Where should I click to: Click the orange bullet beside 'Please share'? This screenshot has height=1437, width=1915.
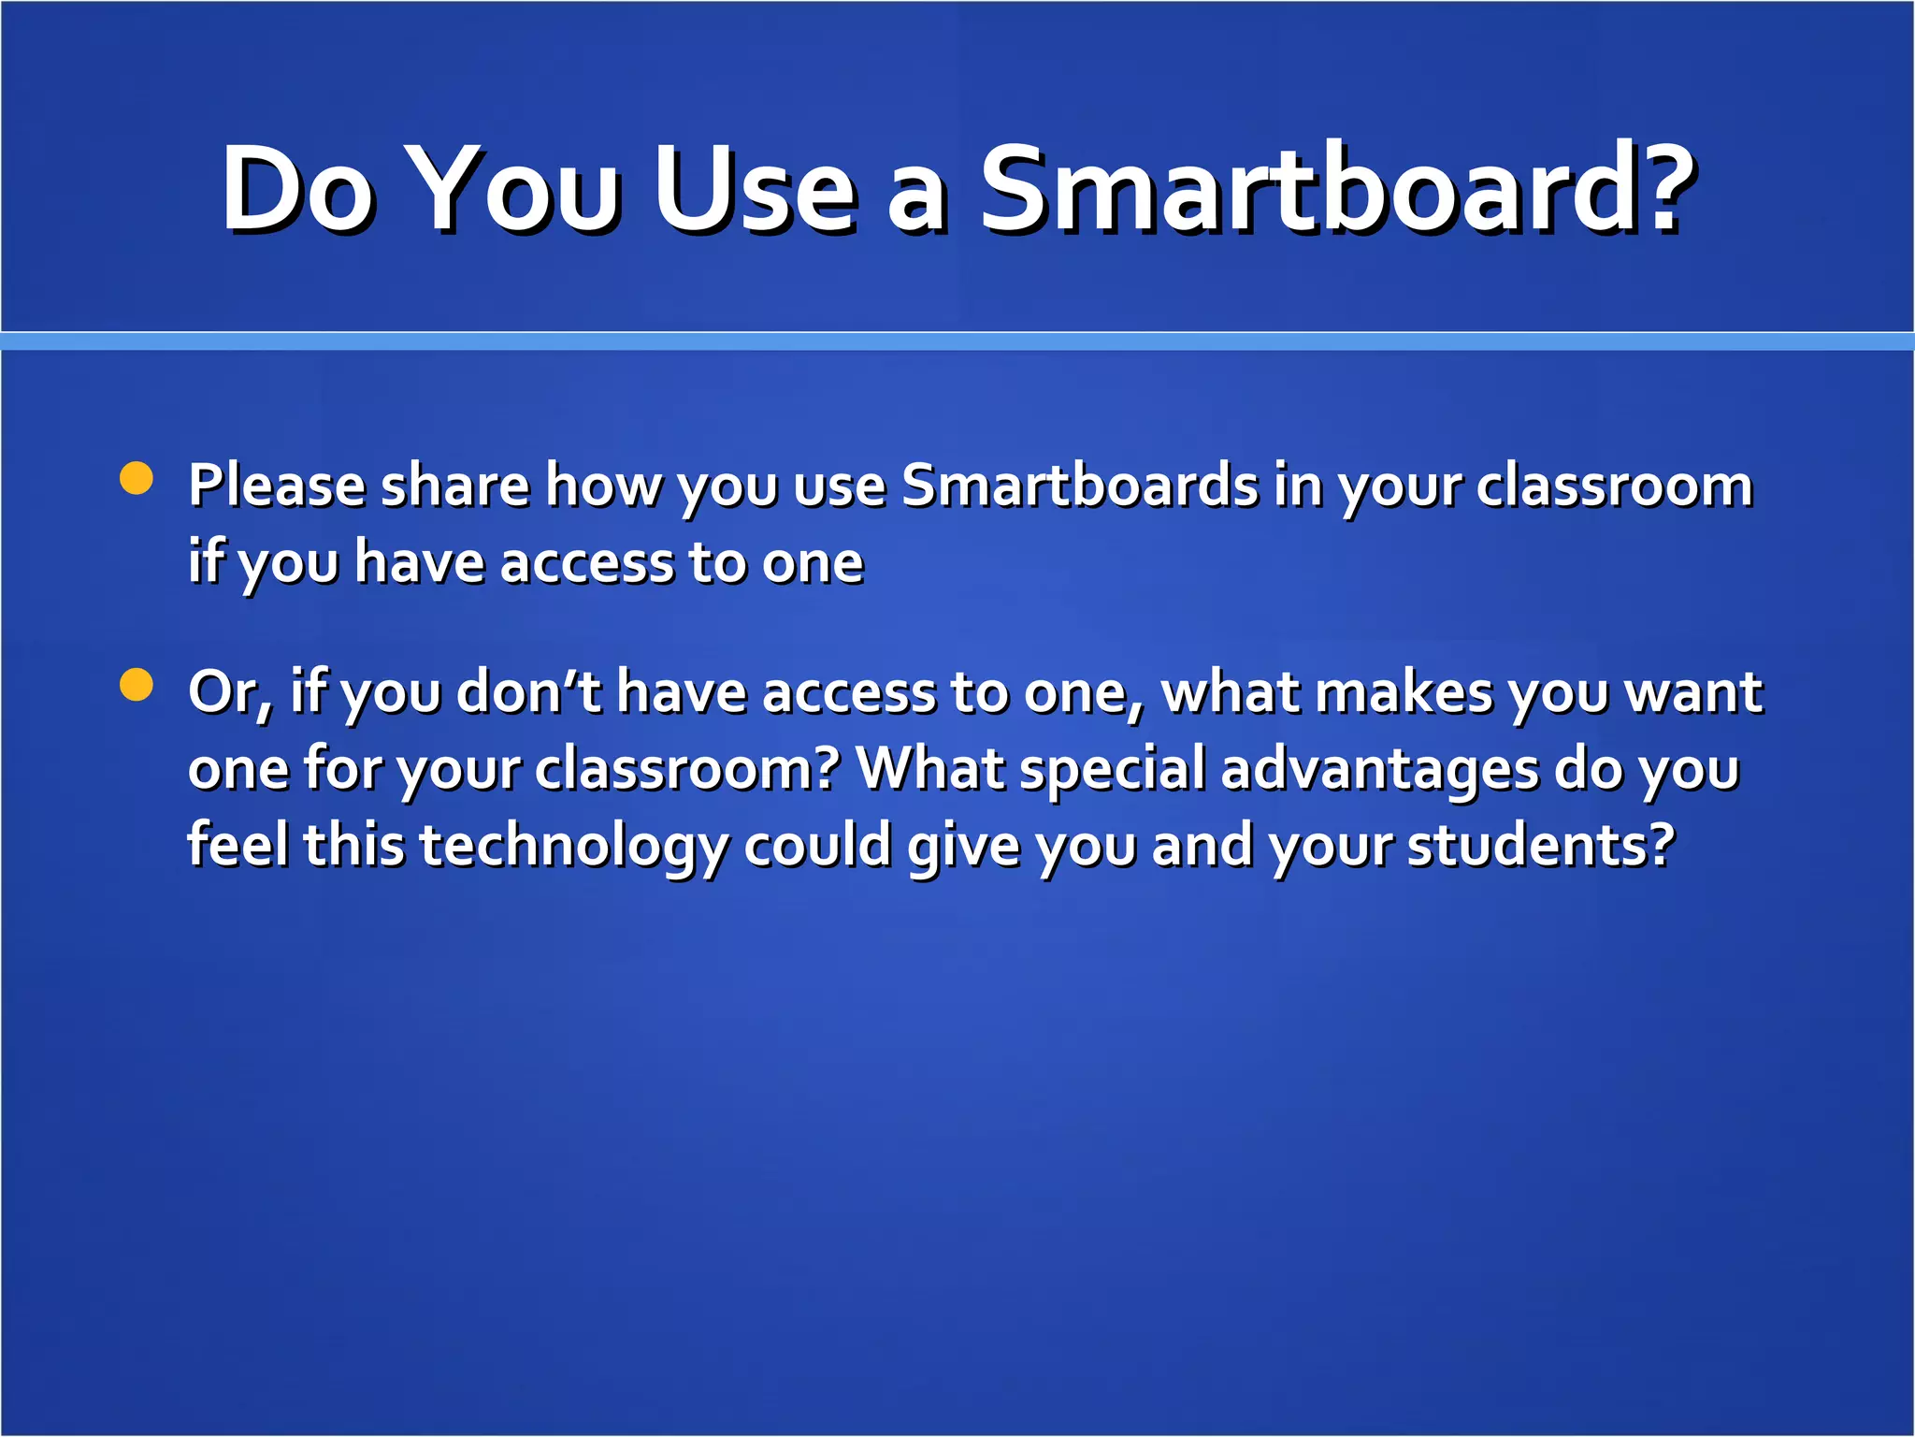tap(137, 478)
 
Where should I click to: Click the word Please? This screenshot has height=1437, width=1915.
tap(277, 486)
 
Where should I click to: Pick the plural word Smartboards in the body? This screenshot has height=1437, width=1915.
tap(1080, 486)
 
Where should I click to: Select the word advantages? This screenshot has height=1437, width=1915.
tap(1379, 770)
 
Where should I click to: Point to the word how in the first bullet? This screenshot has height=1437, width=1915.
tap(603, 486)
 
